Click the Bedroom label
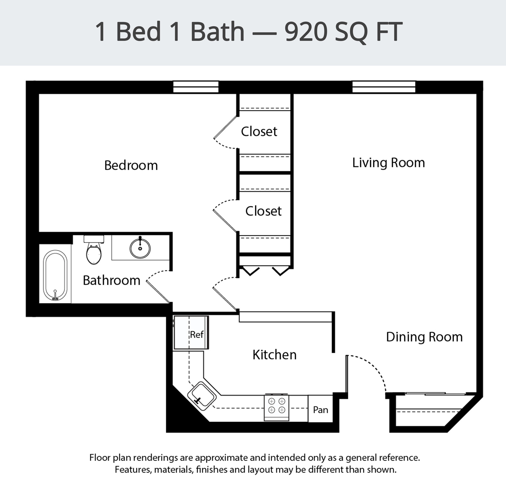pos(131,165)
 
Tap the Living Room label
pos(388,163)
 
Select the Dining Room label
pos(424,337)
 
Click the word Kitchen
pos(274,355)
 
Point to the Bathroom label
pos(111,280)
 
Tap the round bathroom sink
pos(140,248)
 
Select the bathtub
pos(55,275)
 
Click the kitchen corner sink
pos(202,396)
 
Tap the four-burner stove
pos(276,406)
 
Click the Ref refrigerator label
pos(197,335)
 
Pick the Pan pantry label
pos(320,410)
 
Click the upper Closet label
pos(259,132)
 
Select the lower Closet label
pos(263,211)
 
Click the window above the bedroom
pos(196,87)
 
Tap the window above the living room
pos(384,87)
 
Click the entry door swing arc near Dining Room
pos(374,368)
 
